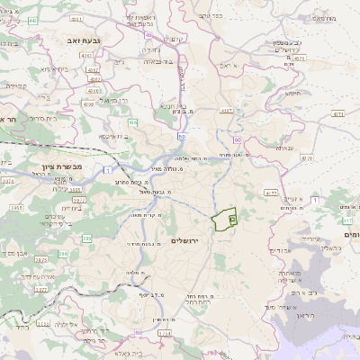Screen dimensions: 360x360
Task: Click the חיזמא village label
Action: point(293,93)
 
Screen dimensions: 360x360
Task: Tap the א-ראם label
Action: point(231,66)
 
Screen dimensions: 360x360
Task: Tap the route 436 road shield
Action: point(132,121)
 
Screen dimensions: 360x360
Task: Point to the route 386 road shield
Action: point(86,238)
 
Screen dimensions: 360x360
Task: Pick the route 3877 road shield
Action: point(40,291)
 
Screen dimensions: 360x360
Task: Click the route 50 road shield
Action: point(181,136)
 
